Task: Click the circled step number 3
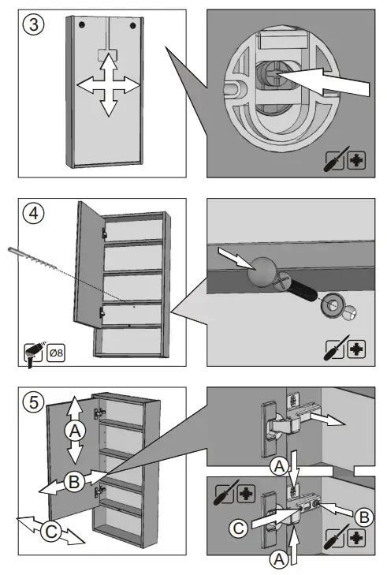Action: pyautogui.click(x=33, y=24)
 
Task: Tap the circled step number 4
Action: pyautogui.click(x=33, y=213)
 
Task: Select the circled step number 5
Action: pyautogui.click(x=33, y=401)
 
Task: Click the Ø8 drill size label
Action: pyautogui.click(x=56, y=353)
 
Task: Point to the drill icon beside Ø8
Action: pyautogui.click(x=33, y=354)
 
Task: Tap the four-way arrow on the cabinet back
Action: pyautogui.click(x=109, y=85)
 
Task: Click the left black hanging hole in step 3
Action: pyautogui.click(x=82, y=24)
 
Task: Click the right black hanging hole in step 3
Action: pyautogui.click(x=132, y=26)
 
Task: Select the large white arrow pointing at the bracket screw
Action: pyautogui.click(x=322, y=81)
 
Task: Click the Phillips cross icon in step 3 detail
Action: pyautogui.click(x=356, y=160)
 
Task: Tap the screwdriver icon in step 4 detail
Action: pyautogui.click(x=335, y=348)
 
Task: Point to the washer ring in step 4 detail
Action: pyautogui.click(x=333, y=304)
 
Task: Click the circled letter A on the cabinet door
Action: pyautogui.click(x=75, y=430)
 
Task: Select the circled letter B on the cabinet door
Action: pyautogui.click(x=74, y=481)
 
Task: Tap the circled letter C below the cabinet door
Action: pyautogui.click(x=51, y=531)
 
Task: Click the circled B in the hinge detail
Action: pyautogui.click(x=364, y=517)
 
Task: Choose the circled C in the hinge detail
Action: pyautogui.click(x=239, y=528)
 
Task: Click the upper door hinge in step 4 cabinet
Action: pyautogui.click(x=105, y=233)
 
